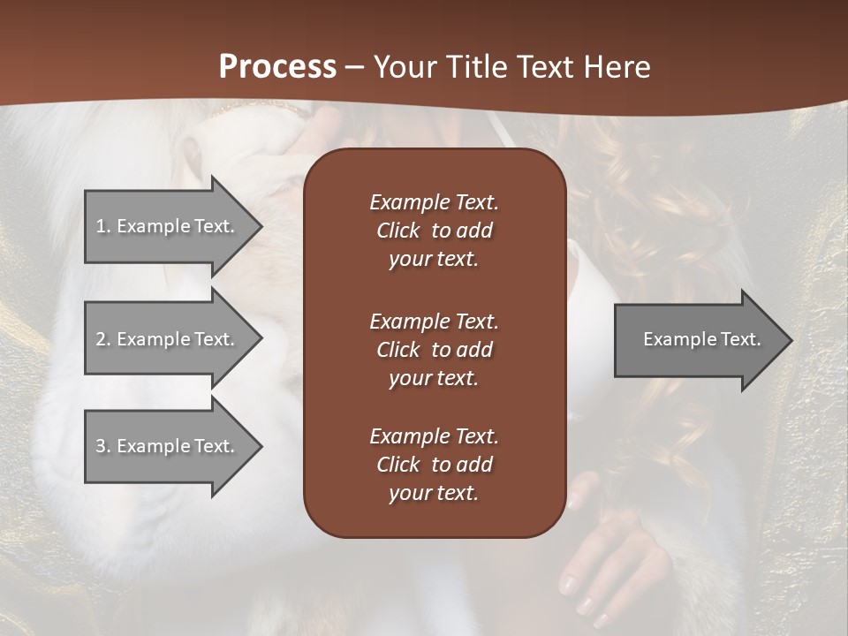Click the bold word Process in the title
277,67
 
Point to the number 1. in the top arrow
102,226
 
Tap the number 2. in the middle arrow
102,339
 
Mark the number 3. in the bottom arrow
102,446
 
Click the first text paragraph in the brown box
434,231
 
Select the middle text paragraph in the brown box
434,350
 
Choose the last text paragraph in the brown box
434,465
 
